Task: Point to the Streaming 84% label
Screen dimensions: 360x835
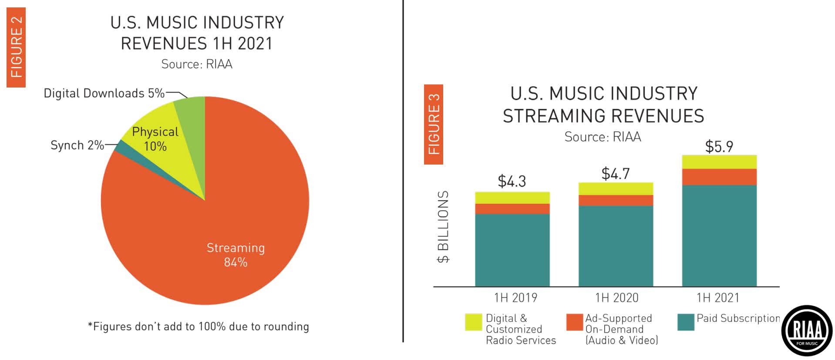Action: tap(236, 255)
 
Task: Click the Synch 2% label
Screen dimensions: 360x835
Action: tap(77, 145)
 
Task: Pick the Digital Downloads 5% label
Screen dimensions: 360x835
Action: tap(104, 93)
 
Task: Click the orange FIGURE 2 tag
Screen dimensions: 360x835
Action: tap(16, 47)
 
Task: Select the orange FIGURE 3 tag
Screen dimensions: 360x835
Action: tap(434, 124)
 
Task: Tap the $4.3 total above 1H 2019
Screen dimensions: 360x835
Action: tap(512, 181)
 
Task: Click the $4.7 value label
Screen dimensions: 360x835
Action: tap(615, 174)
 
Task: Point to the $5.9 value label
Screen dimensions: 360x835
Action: tap(719, 146)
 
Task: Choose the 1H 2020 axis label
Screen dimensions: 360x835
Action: tap(616, 298)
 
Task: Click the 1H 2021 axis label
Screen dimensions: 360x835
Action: tap(718, 298)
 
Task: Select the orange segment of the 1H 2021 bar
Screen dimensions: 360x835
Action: tap(719, 177)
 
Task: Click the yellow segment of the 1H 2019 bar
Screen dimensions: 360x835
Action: tap(512, 198)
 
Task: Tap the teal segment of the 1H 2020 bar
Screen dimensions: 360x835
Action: tap(616, 246)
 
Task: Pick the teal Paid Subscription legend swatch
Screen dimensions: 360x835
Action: tap(686, 322)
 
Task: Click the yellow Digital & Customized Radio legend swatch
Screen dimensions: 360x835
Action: tap(473, 322)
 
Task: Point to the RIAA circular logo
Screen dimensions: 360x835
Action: tap(807, 331)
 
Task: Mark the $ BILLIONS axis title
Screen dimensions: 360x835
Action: tap(443, 227)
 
